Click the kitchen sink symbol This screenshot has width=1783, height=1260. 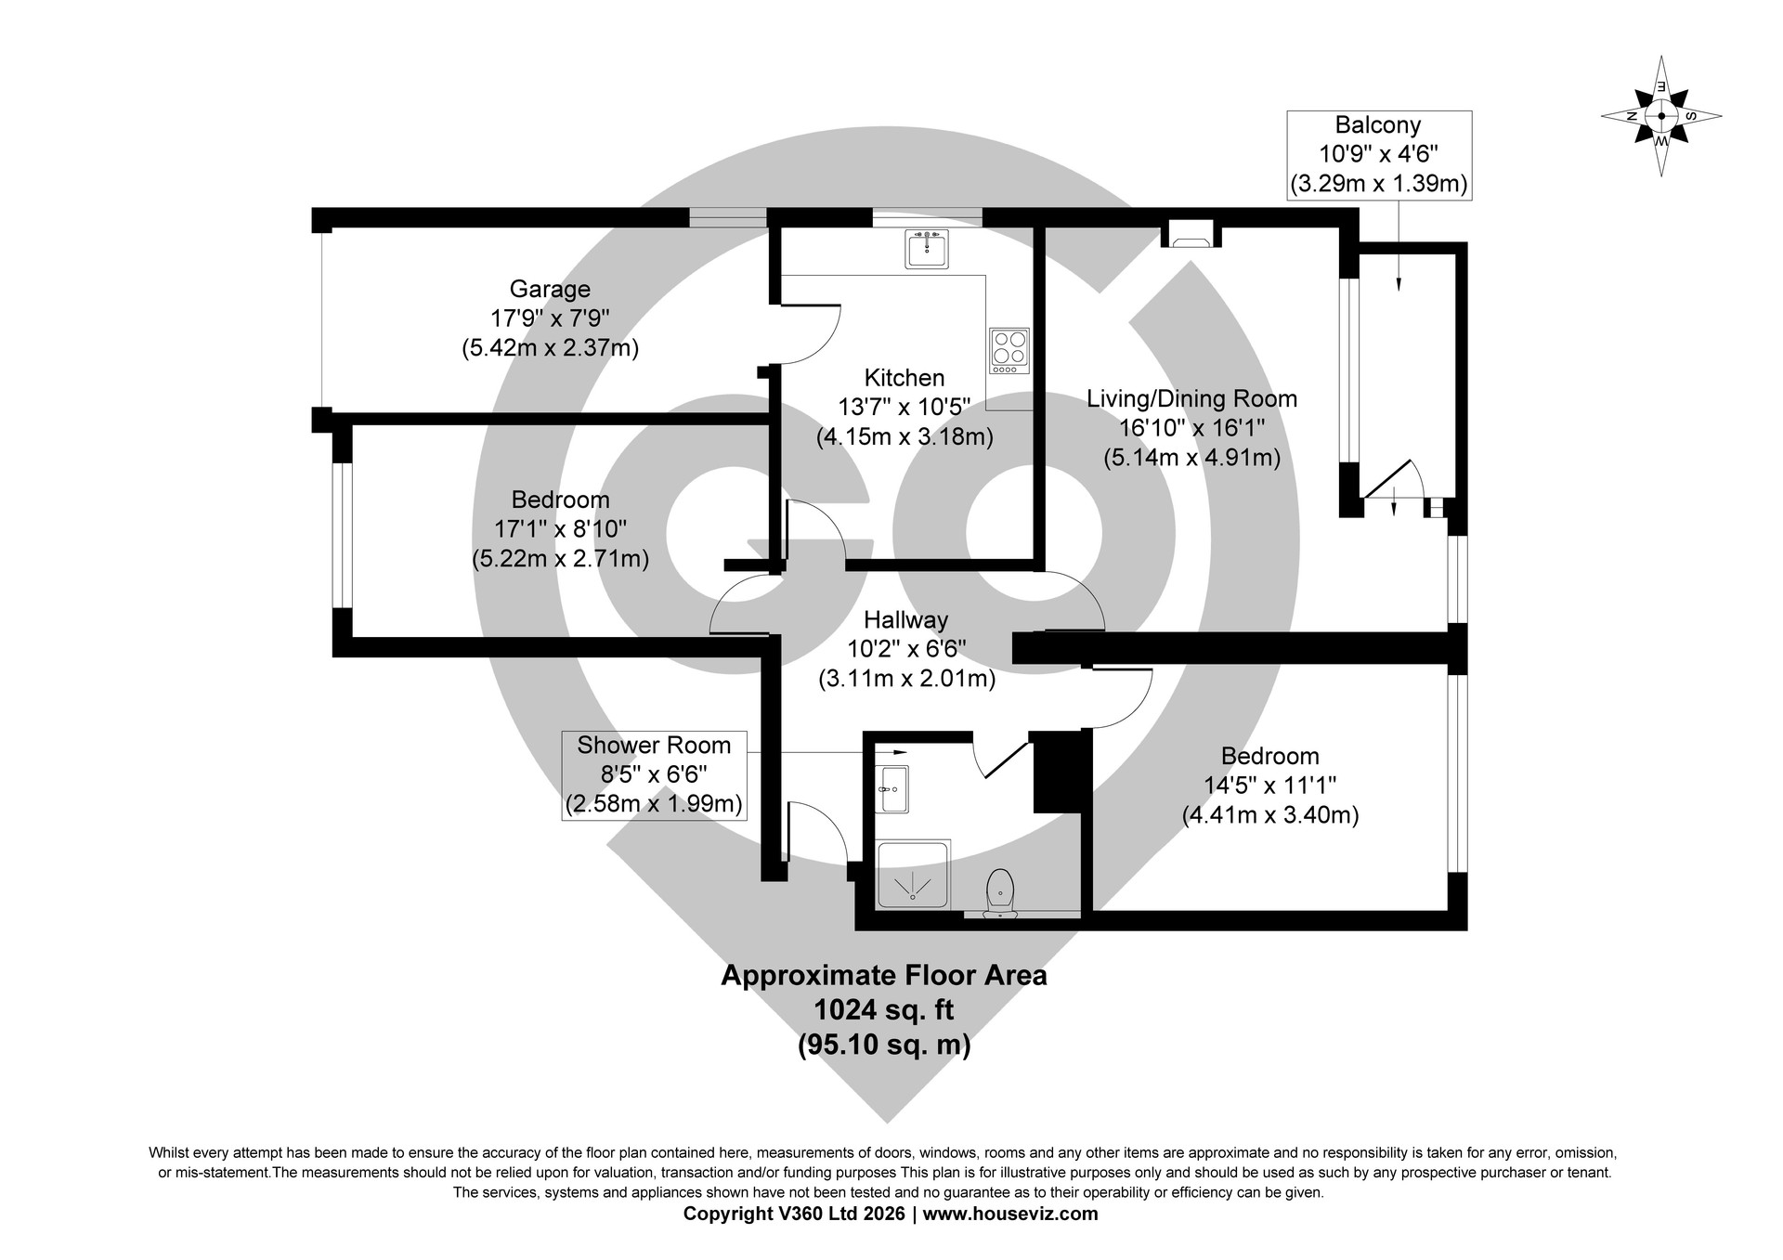point(926,249)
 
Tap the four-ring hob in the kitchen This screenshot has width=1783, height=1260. point(1009,351)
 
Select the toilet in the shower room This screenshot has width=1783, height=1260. point(999,892)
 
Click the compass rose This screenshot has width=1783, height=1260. point(1661,117)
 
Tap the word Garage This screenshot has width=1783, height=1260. point(550,289)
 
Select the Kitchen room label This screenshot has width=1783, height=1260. point(905,378)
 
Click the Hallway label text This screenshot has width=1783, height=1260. point(906,619)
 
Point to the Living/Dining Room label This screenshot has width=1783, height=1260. point(1192,399)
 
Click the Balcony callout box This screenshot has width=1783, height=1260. point(1378,155)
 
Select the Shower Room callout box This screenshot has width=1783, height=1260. point(654,774)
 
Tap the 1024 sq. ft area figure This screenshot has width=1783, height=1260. point(884,1009)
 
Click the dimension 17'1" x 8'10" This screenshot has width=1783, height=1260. point(561,529)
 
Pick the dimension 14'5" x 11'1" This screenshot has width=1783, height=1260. point(1270,786)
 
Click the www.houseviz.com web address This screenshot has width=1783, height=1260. point(1010,1214)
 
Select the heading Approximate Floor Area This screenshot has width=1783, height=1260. point(884,976)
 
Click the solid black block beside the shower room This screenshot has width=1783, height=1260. point(1058,772)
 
